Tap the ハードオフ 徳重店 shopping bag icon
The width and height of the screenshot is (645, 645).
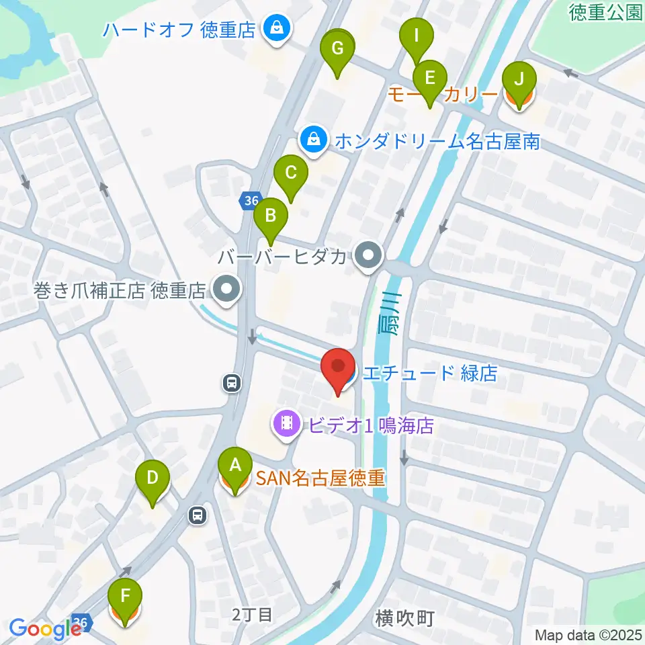[275, 29]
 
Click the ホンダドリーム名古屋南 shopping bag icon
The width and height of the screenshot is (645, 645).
[313, 140]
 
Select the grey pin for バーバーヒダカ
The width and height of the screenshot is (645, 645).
[368, 256]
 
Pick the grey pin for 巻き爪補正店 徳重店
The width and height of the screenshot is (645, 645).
[226, 290]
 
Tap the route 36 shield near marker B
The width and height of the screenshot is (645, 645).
[251, 200]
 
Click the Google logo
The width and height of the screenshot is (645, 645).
[46, 628]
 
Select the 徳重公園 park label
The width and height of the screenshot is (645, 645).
[605, 13]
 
